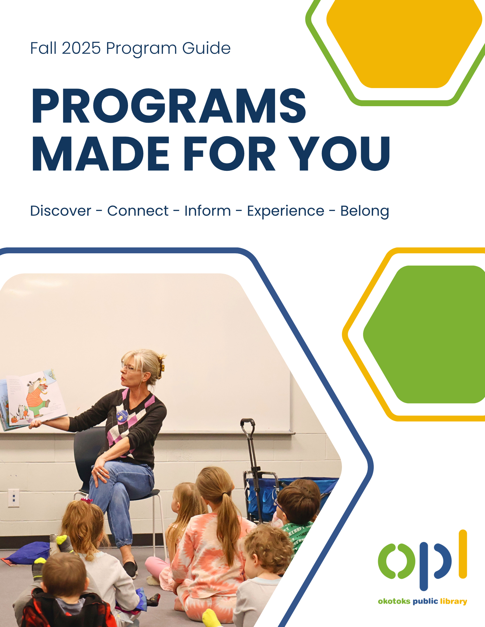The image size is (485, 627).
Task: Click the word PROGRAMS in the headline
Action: pos(168,106)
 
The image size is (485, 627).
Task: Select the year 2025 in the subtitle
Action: pos(81,48)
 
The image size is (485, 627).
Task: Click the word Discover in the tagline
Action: pos(61,210)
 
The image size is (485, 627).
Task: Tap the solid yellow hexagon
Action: pos(404,44)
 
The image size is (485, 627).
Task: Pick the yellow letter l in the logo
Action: pos(463,554)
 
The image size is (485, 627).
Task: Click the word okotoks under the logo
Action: pos(394,601)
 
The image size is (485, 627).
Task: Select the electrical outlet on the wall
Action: pos(13,498)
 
